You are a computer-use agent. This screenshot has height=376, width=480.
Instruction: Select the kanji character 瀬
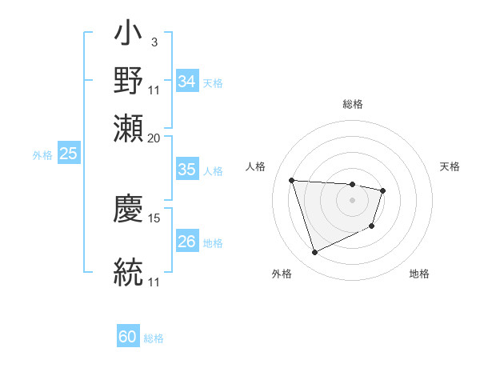coord(129,129)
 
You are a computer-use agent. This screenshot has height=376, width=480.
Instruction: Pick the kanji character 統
coord(129,271)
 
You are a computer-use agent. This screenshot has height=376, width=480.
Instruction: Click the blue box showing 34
coord(187,82)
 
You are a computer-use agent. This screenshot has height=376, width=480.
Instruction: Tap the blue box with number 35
coord(187,170)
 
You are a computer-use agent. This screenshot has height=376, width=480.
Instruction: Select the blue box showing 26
coord(187,242)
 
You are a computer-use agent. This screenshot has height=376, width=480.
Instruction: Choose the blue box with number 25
coord(69,154)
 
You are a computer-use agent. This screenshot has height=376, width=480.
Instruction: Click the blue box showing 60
coord(128,337)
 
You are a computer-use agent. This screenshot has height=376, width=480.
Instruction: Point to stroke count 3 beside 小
coord(154,42)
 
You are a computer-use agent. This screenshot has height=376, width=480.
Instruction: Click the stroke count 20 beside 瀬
coord(154,138)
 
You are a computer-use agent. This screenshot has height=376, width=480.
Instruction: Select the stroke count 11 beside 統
coord(154,282)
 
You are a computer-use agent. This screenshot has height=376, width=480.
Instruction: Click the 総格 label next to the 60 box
coord(154,338)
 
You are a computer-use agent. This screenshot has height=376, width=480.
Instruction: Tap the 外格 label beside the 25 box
coord(42,155)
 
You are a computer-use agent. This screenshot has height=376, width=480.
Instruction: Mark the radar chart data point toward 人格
coord(292,180)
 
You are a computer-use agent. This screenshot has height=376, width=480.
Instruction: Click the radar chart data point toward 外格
coord(314,253)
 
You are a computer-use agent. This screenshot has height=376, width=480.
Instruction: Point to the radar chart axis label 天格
coord(450,166)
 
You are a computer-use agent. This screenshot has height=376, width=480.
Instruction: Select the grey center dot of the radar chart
coord(352,200)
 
